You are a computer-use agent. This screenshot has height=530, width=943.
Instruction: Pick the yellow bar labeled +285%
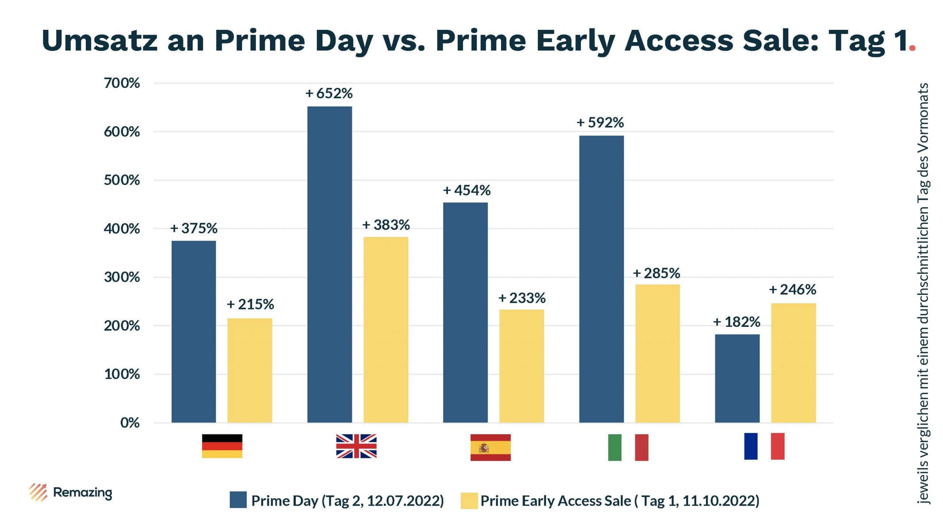(x=658, y=353)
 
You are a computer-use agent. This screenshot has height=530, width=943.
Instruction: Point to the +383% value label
(x=386, y=225)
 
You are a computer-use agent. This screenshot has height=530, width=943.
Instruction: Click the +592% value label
(x=600, y=123)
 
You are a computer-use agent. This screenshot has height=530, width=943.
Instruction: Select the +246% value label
(x=792, y=290)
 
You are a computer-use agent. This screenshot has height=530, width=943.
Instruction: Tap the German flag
(x=222, y=446)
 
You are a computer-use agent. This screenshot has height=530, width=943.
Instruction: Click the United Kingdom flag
(x=356, y=446)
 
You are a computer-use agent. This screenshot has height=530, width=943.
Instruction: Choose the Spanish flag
(x=490, y=447)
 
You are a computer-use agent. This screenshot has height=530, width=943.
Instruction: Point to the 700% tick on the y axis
(x=122, y=84)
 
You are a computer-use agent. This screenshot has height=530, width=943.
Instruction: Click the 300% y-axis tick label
(x=122, y=277)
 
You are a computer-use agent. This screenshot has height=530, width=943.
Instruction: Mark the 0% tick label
(x=130, y=423)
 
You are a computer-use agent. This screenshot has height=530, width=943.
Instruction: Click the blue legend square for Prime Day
(x=238, y=500)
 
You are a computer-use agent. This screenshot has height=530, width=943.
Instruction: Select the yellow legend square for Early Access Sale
(x=469, y=501)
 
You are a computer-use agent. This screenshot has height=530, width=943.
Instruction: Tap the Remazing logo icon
(x=38, y=492)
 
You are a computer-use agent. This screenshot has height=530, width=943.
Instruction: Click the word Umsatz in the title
(x=99, y=40)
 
